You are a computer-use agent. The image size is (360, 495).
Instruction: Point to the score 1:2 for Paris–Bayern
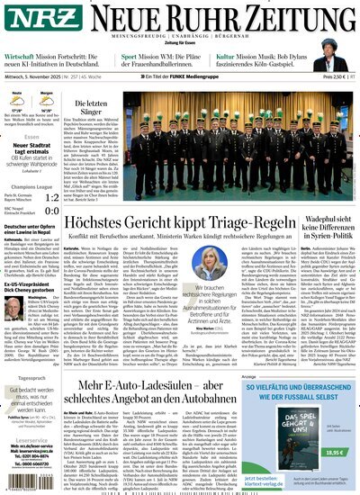pos(58,197)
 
